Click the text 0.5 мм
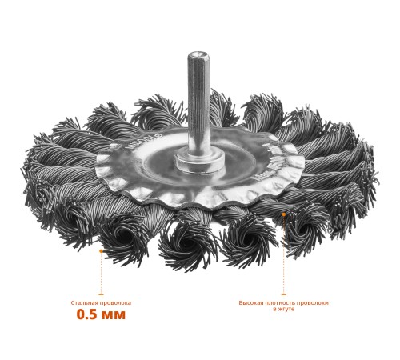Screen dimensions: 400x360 tap(101, 314)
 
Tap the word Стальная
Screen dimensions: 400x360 tap(84, 303)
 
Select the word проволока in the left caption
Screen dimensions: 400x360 tap(115, 303)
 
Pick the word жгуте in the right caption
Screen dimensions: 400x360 tap(286, 310)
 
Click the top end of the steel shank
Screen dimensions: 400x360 tap(198, 53)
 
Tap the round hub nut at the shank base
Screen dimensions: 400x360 tap(199, 162)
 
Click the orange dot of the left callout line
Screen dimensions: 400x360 tap(101, 251)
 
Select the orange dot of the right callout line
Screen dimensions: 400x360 tap(284, 214)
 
